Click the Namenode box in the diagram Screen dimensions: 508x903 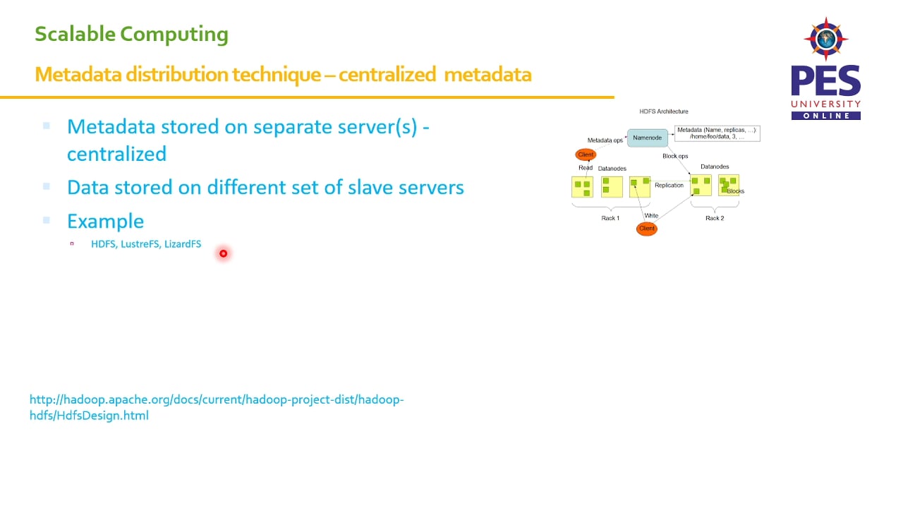(647, 138)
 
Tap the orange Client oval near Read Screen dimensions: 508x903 (586, 155)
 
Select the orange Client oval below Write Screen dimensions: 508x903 (646, 229)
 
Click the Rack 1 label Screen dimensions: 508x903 (610, 218)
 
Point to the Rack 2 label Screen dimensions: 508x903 (715, 218)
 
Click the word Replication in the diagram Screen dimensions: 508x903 (669, 186)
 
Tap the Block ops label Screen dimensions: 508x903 (675, 156)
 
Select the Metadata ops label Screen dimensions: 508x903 (605, 140)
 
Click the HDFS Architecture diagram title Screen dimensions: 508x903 (663, 111)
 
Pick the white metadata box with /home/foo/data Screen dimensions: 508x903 (717, 133)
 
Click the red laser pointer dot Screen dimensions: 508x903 (223, 253)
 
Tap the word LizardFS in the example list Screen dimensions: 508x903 (183, 244)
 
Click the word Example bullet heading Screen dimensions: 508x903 (105, 222)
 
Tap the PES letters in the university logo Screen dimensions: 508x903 (825, 81)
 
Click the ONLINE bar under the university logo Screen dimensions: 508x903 (825, 116)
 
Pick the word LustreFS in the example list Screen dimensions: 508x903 (140, 244)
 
